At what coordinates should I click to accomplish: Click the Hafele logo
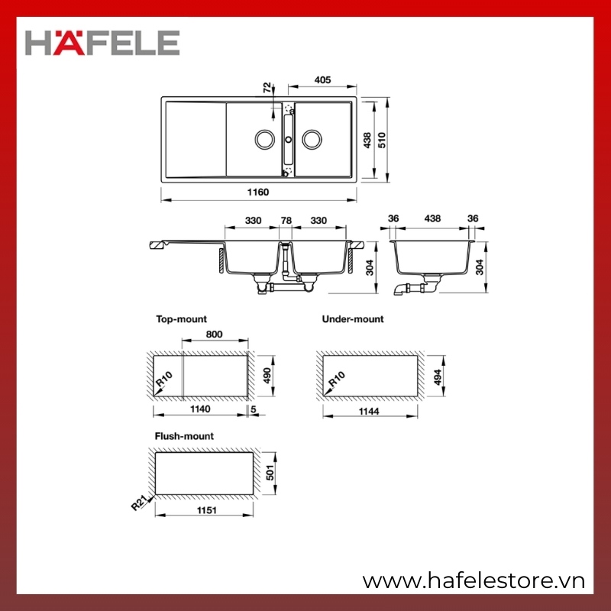(102, 42)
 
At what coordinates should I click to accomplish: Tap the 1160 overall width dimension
(258, 192)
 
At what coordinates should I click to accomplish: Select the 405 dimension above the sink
(322, 80)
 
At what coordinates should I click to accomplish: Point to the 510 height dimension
(382, 141)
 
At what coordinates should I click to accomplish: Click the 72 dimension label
(267, 87)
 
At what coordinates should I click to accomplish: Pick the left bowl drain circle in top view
(265, 140)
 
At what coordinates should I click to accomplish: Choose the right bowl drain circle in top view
(312, 140)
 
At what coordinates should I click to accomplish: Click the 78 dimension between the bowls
(286, 221)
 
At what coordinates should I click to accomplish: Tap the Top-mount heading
(181, 319)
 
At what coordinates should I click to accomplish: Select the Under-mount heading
(353, 319)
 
